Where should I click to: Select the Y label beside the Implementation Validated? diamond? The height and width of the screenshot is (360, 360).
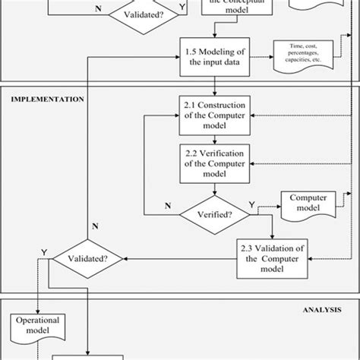[x=44, y=251]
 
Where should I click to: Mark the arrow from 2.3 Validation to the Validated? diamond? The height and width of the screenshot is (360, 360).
[x=182, y=259]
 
